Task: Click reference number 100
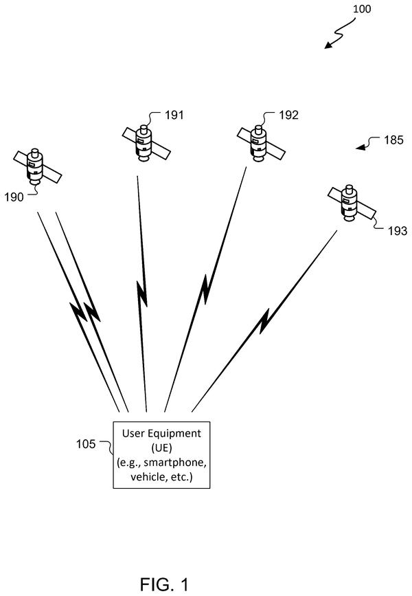coord(361,8)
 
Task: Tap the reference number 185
coord(393,140)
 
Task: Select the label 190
coord(14,197)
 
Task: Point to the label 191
coord(174,115)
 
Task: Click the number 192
coord(288,115)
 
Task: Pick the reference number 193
coord(398,231)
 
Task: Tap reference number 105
coord(86,444)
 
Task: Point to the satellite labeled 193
coord(352,203)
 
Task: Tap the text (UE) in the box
coord(161,448)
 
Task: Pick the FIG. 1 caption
coord(164,584)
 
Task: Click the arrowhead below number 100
coord(328,45)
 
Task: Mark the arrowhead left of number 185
coord(360,146)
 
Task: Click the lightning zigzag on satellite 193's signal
coord(264,322)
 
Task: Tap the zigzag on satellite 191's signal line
coord(142,293)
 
